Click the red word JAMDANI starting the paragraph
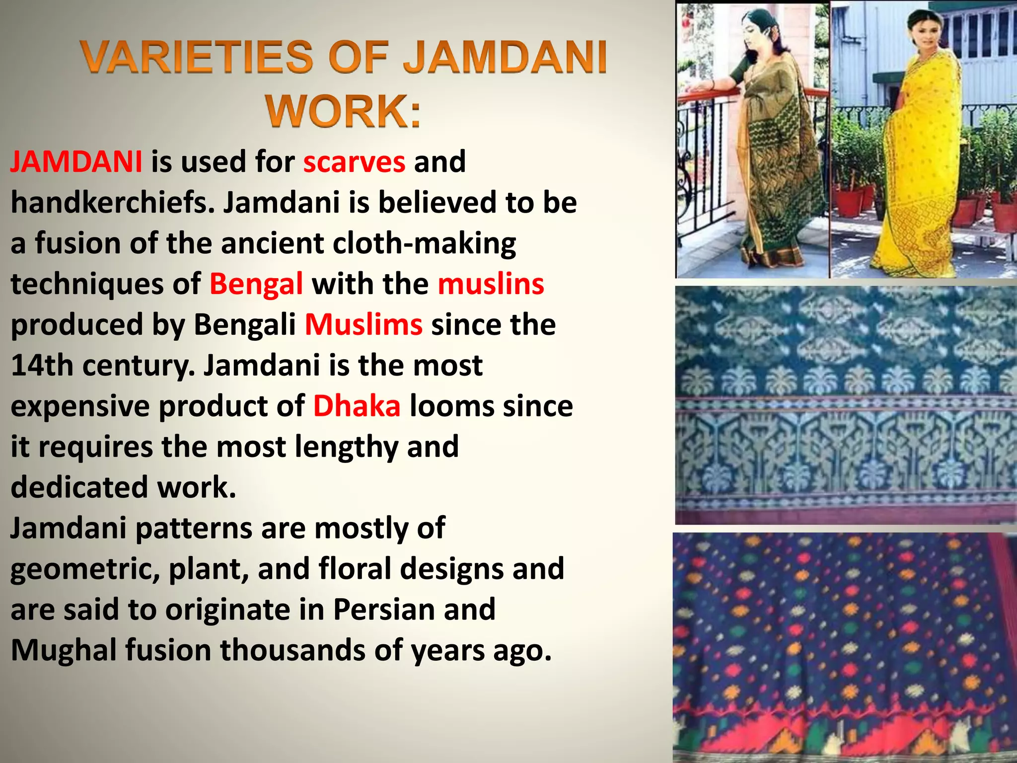[x=76, y=161]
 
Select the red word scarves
[x=354, y=161]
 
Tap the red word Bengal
[x=256, y=284]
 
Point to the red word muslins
[x=491, y=284]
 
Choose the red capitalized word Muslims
[x=363, y=324]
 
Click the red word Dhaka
[x=357, y=406]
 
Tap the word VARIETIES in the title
[x=197, y=57]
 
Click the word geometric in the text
[x=84, y=569]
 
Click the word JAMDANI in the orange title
[x=505, y=57]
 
